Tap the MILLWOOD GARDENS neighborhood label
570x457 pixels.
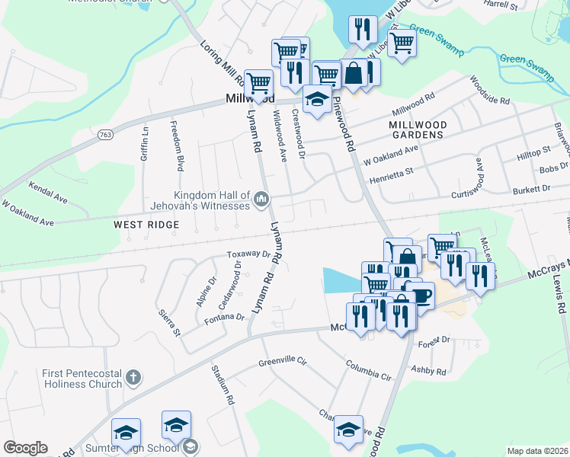click(416, 129)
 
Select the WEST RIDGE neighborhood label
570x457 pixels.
click(146, 225)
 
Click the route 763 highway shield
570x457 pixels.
click(105, 135)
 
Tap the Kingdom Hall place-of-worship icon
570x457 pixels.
click(261, 200)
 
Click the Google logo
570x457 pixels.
click(25, 448)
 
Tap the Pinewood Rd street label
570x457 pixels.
click(345, 125)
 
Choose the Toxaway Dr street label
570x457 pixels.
click(248, 255)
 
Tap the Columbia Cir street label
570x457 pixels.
click(368, 371)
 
